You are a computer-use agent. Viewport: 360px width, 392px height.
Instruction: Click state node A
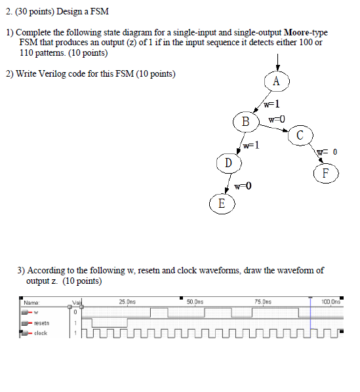pyautogui.click(x=276, y=81)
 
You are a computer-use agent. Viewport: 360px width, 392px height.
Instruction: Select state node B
pyautogui.click(x=245, y=121)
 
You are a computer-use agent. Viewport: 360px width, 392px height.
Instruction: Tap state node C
pyautogui.click(x=299, y=135)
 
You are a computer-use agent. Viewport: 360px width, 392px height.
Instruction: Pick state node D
pyautogui.click(x=228, y=162)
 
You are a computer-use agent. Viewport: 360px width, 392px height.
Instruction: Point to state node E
pyautogui.click(x=221, y=203)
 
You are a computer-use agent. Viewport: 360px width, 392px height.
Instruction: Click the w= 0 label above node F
pyautogui.click(x=327, y=153)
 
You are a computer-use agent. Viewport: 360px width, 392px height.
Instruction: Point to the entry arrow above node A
pyautogui.click(x=278, y=60)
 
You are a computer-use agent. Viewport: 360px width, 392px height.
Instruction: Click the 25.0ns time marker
pyautogui.click(x=127, y=302)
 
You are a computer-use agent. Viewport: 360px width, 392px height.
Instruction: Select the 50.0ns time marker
pyautogui.click(x=195, y=302)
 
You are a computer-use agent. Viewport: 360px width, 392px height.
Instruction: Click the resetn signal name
pyautogui.click(x=42, y=323)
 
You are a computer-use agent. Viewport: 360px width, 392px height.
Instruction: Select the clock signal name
pyautogui.click(x=41, y=333)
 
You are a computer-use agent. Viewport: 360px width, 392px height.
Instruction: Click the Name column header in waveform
pyautogui.click(x=30, y=302)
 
